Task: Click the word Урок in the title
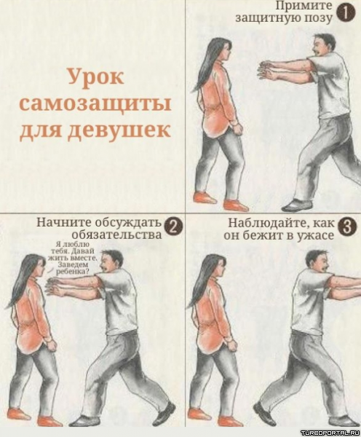[x=96, y=77]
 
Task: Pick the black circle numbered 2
[x=173, y=227]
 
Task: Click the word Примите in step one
[x=304, y=6]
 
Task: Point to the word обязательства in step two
[x=116, y=234]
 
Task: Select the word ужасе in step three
[x=317, y=235]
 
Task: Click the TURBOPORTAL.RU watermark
[x=331, y=433]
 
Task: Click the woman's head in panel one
[x=221, y=50]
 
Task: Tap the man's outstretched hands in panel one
[x=265, y=69]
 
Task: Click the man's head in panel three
[x=317, y=262]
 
